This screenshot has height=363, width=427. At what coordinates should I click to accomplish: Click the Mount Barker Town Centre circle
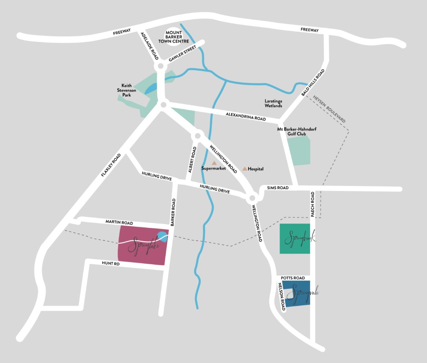coord(176,37)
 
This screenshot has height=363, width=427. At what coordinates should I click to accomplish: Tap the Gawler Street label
coord(183,53)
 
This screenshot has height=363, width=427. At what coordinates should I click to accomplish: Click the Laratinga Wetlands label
coord(273,103)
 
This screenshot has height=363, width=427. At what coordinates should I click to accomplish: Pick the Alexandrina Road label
coord(245,116)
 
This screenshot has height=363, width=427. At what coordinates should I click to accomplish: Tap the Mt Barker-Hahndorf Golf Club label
coord(297,131)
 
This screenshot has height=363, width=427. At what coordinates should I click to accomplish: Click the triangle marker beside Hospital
coord(245,169)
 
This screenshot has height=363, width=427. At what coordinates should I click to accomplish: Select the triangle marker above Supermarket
coord(214,163)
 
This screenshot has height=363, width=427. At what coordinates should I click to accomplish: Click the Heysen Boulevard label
coord(331,108)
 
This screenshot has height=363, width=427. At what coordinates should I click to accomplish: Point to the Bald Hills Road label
coord(313,82)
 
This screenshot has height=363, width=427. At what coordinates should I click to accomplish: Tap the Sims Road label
coord(277,188)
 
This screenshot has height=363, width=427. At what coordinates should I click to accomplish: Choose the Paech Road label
coord(313,204)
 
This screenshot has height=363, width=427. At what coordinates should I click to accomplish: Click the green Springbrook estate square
coord(295,239)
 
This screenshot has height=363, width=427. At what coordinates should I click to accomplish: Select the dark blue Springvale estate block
coord(297,294)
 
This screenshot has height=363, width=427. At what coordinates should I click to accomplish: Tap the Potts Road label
coord(293,278)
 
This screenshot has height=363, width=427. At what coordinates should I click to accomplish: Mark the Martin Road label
coord(119,221)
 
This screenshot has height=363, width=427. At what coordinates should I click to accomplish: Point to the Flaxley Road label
coord(111,165)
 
